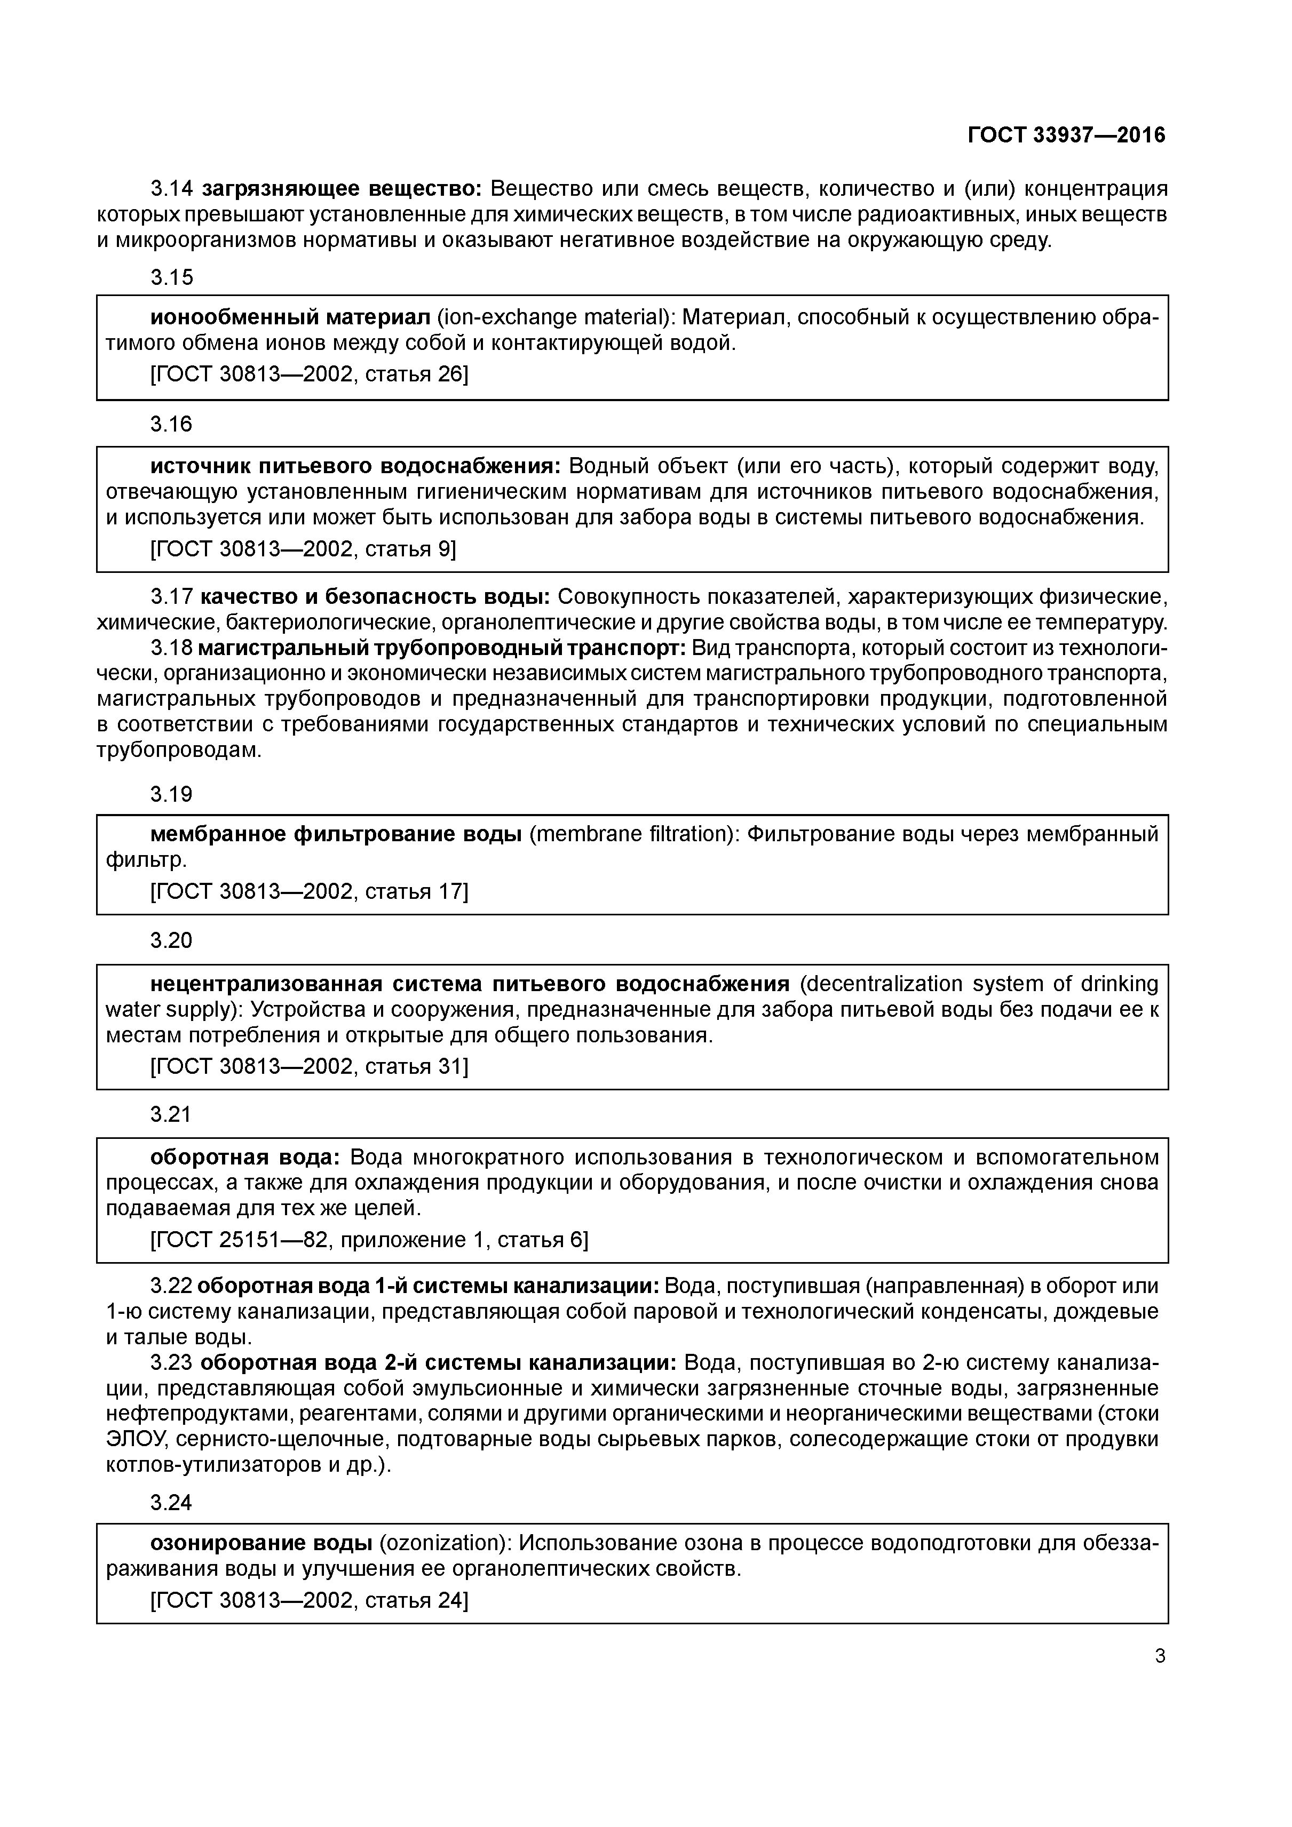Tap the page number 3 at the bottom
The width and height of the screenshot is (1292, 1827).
click(1160, 1657)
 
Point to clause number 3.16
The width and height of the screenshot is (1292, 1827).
click(171, 424)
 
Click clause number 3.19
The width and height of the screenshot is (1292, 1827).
click(171, 794)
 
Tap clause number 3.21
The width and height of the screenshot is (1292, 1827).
click(171, 1114)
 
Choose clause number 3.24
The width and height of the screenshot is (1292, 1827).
click(171, 1502)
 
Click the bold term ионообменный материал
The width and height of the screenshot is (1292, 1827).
click(290, 317)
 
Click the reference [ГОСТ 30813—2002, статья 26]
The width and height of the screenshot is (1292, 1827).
click(309, 373)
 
